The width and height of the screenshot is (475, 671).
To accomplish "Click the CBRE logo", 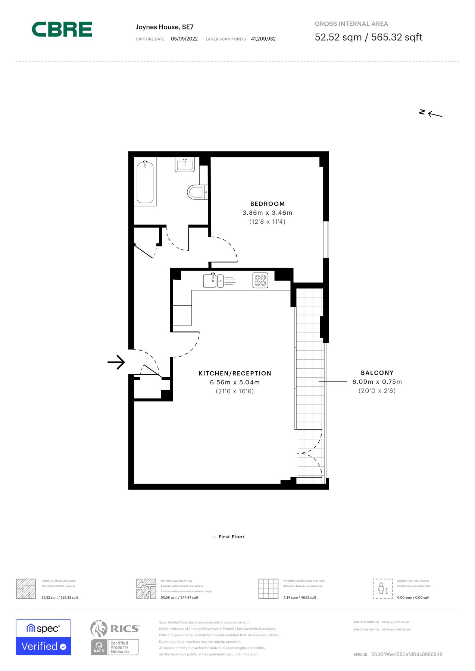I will click(x=62, y=29).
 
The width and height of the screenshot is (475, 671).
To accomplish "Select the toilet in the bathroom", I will click(x=196, y=192).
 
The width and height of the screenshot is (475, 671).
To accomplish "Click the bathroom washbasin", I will click(x=185, y=164).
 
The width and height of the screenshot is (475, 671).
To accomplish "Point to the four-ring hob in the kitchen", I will click(x=260, y=280).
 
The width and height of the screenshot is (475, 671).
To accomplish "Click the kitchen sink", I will click(x=210, y=281).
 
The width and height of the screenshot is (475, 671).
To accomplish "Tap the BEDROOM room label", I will click(x=267, y=204).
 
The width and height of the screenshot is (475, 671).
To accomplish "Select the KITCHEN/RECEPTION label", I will click(x=235, y=374).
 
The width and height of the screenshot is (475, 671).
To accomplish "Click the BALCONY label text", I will click(x=377, y=373).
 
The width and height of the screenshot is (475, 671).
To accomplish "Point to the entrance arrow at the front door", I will click(x=116, y=362).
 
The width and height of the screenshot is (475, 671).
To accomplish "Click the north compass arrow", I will click(x=434, y=114).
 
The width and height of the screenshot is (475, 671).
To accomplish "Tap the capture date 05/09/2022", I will click(x=184, y=39).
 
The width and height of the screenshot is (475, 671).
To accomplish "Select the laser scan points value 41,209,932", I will click(x=263, y=39).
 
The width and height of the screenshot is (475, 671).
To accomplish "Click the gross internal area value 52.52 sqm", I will click(x=338, y=37).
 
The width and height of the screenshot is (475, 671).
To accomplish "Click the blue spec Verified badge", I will click(x=43, y=637).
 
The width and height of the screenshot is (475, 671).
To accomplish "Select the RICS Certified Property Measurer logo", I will click(x=115, y=637).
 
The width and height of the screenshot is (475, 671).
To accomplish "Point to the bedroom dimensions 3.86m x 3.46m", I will click(x=267, y=213).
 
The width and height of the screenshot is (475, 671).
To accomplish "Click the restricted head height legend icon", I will click(x=382, y=589).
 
